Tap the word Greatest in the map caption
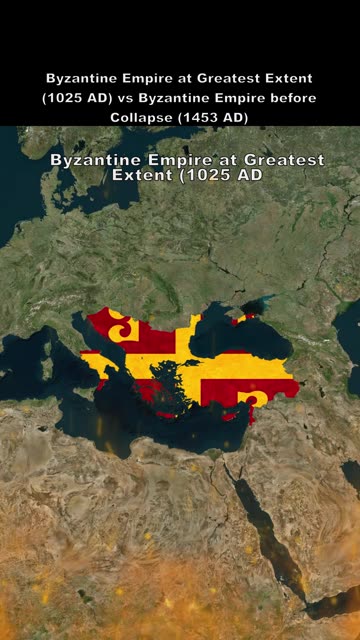point(283,160)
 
